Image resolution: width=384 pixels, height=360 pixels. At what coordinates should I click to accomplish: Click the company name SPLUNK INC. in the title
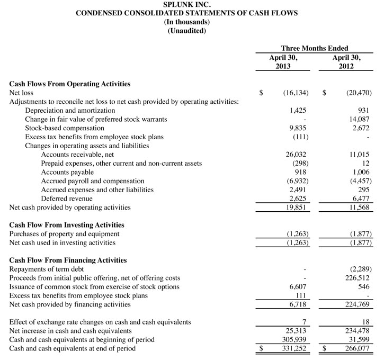(x=186, y=4)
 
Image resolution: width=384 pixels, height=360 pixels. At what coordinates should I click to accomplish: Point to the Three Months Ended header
(x=315, y=48)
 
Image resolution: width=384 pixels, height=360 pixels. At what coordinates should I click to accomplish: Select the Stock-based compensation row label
(x=65, y=128)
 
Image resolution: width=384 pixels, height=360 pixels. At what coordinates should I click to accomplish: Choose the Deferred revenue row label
(x=66, y=199)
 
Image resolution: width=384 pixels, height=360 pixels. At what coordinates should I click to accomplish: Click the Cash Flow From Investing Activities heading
(x=67, y=225)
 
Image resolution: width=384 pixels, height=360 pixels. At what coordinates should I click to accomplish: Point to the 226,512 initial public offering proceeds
(x=358, y=278)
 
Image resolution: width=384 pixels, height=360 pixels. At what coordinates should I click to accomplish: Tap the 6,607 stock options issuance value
(x=299, y=287)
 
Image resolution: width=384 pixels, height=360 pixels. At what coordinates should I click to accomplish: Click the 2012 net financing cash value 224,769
(x=358, y=304)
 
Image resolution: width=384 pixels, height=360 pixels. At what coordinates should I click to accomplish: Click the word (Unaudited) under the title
(x=186, y=31)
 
